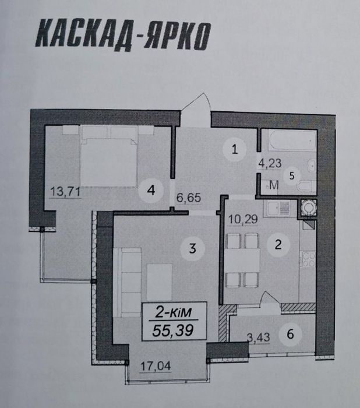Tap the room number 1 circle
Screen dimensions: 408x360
234,149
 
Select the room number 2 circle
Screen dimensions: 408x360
278,245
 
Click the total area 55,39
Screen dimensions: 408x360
172,330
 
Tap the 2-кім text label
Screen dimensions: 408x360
172,312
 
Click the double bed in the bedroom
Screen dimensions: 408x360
109,154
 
